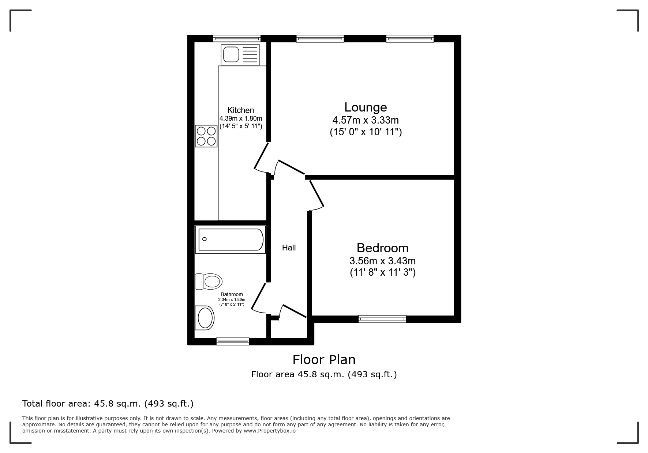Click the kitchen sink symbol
[240, 55]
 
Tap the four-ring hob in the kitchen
[206, 136]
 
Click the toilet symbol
[209, 282]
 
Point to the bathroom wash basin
[205, 317]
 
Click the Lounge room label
[366, 107]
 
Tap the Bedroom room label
[382, 248]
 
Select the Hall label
[289, 248]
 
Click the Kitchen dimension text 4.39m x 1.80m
[241, 118]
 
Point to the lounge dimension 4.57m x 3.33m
[366, 120]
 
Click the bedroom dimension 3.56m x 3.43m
[382, 261]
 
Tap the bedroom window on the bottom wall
[382, 319]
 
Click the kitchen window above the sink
[237, 38]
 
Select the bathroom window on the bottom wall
[233, 341]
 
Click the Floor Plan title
[324, 360]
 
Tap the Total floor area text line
[108, 404]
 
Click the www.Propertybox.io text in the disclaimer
[269, 431]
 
